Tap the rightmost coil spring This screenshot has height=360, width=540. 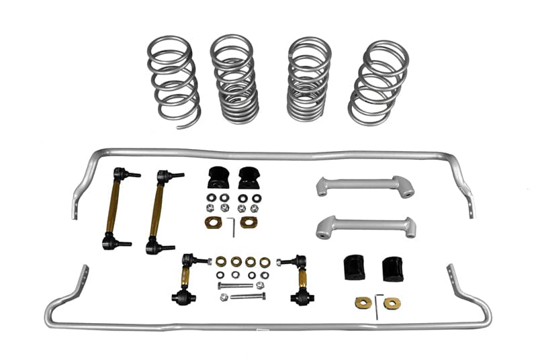[379, 81]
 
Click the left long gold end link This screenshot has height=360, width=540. [115, 208]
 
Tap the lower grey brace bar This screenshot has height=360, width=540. [365, 226]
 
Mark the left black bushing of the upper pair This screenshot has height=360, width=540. [218, 177]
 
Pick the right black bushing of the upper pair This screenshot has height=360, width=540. [248, 177]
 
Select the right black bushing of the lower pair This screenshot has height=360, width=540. [392, 269]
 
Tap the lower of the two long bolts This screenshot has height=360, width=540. [246, 296]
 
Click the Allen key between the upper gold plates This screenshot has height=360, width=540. [233, 226]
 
